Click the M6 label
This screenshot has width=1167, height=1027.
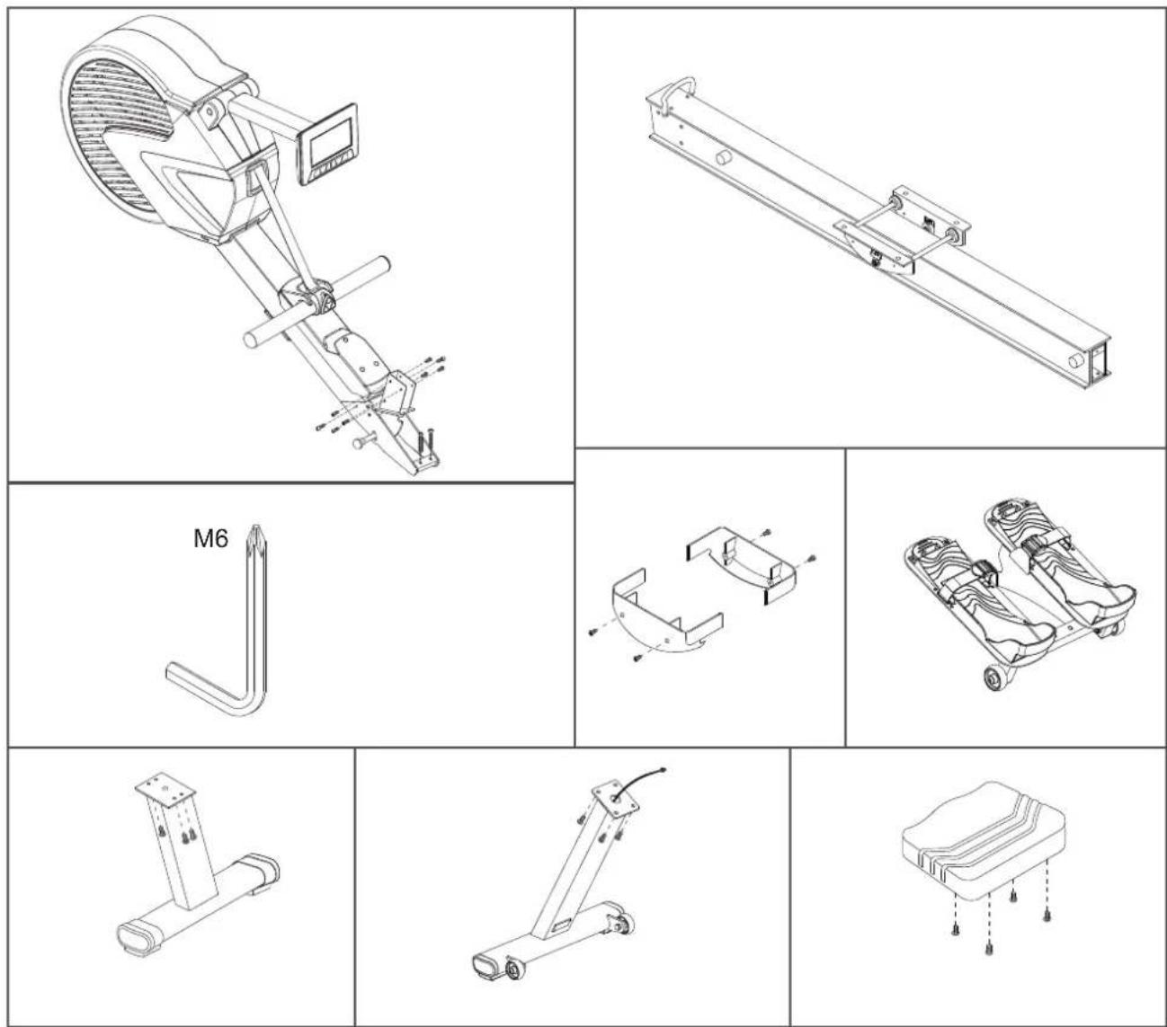(210, 538)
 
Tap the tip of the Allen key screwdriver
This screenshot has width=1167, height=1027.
(254, 527)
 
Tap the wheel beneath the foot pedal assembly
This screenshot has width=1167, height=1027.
(996, 678)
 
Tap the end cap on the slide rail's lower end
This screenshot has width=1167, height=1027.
(1100, 362)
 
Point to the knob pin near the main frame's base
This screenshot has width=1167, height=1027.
(364, 441)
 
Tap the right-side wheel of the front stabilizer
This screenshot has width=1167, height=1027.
(624, 923)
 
